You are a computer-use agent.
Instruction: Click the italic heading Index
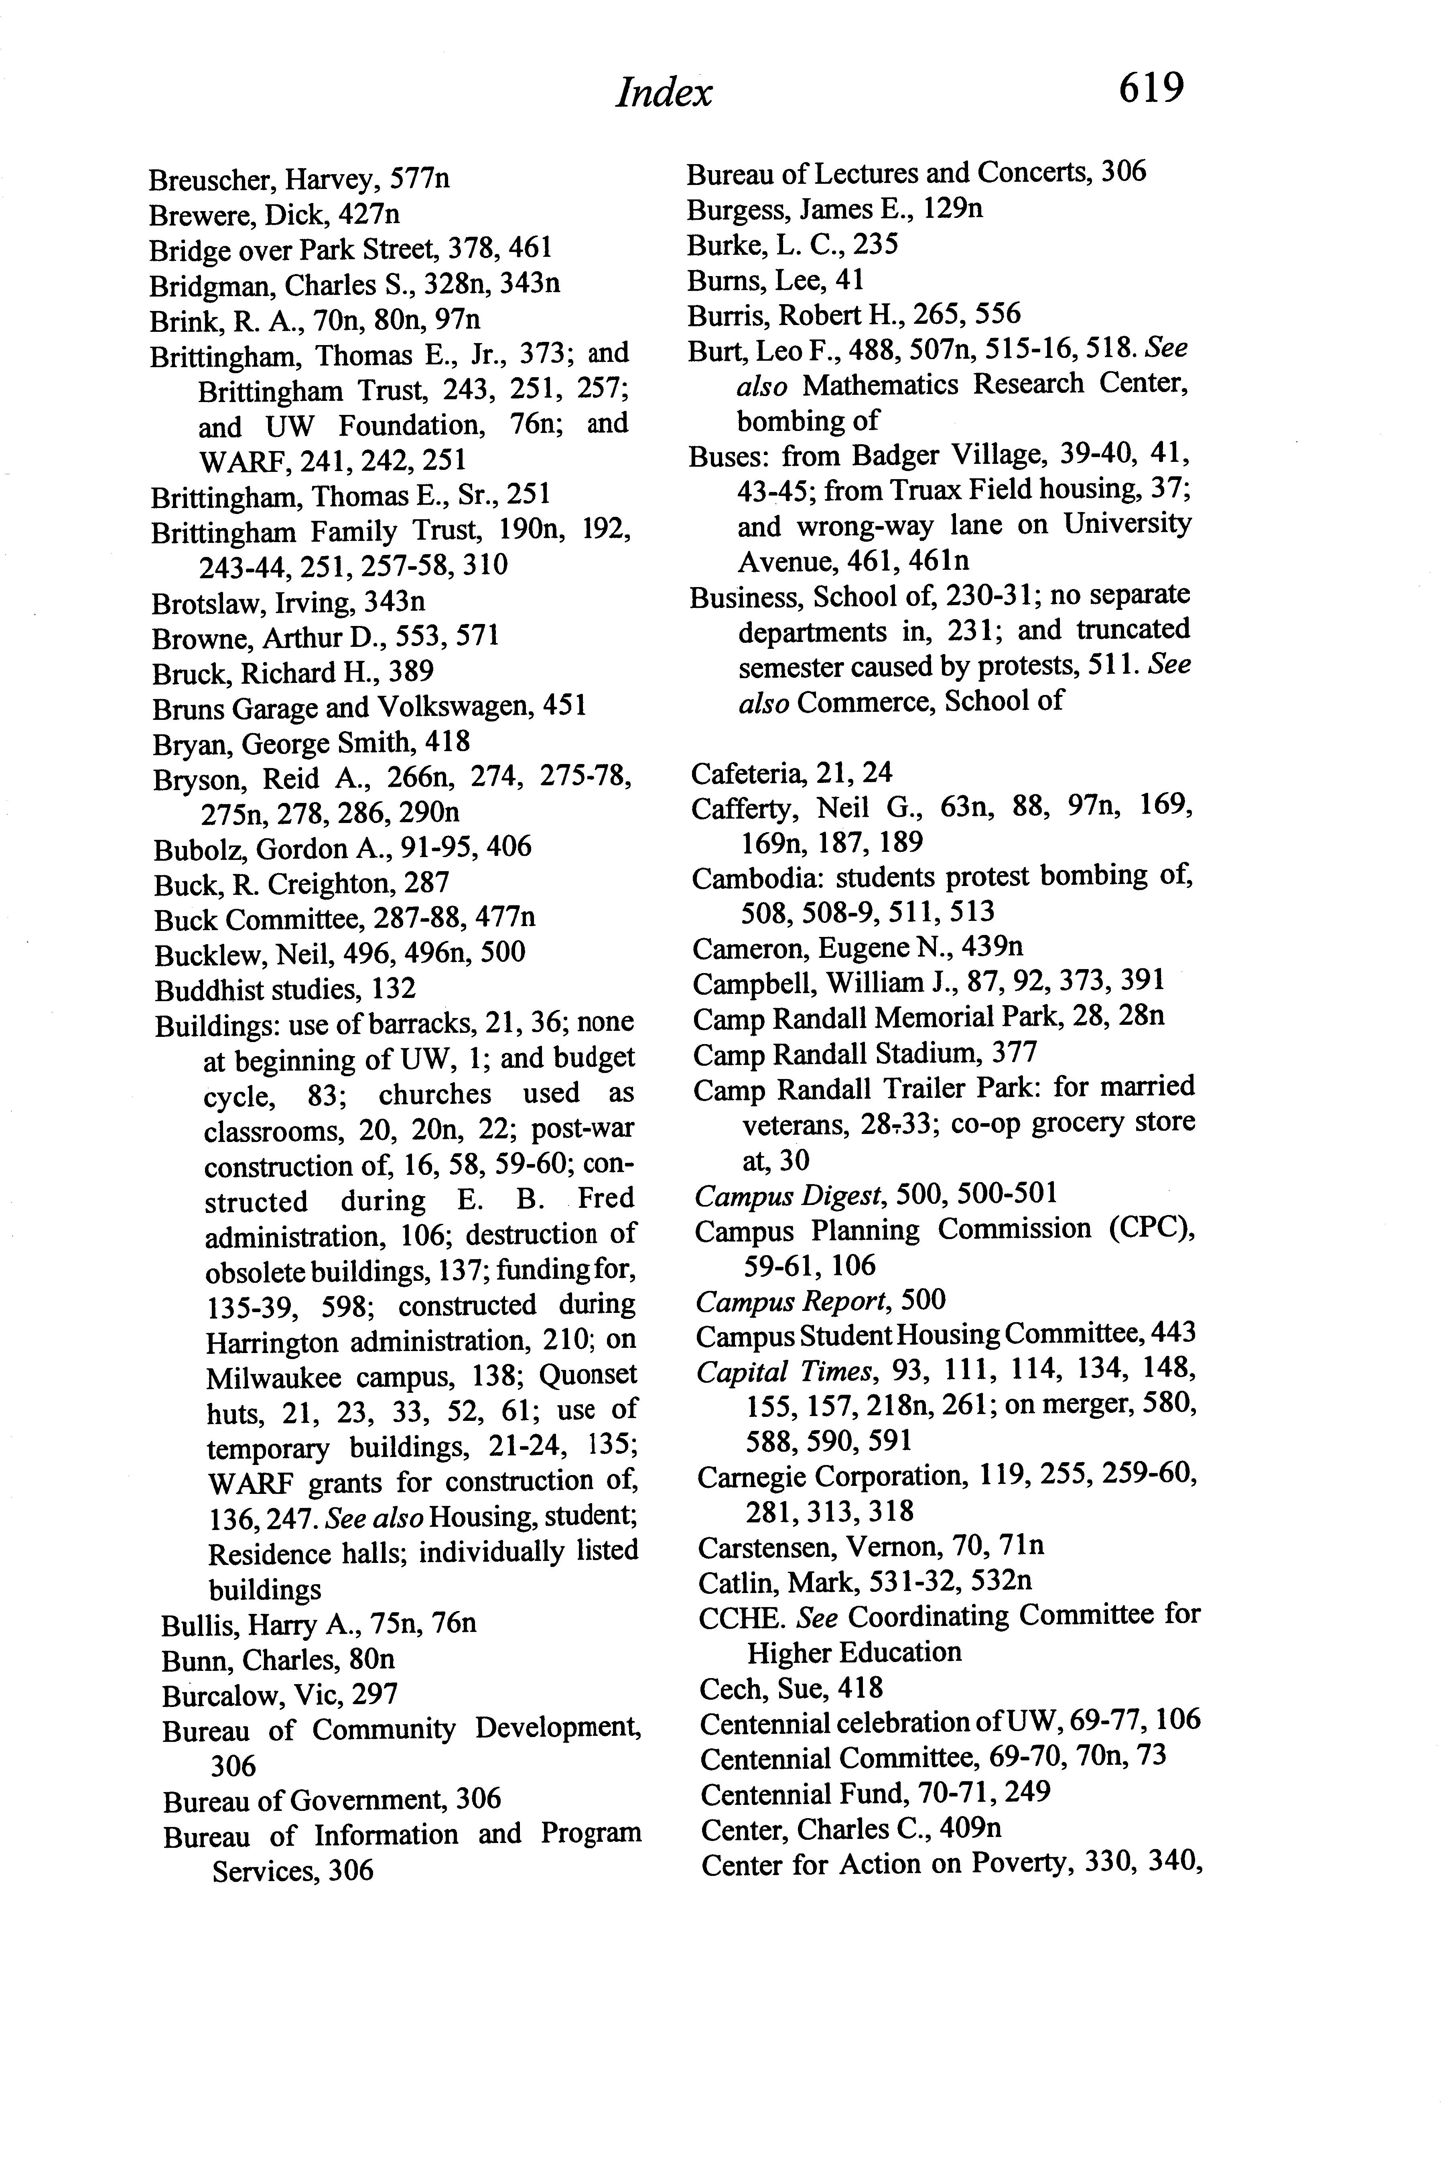click(x=664, y=93)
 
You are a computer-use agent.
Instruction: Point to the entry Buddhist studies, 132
click(x=285, y=989)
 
